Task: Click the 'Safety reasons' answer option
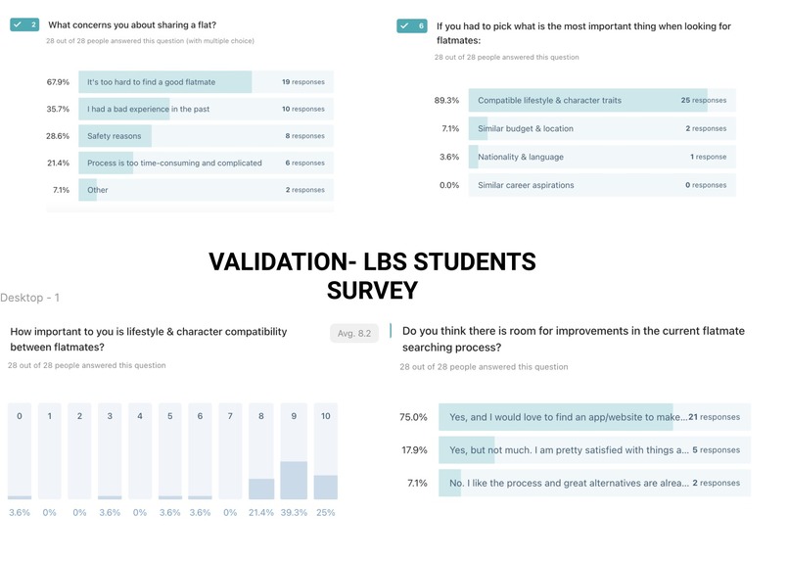pyautogui.click(x=114, y=136)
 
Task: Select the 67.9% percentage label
pyautogui.click(x=58, y=82)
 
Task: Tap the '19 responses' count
pyautogui.click(x=302, y=82)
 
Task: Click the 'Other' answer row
pyautogui.click(x=98, y=190)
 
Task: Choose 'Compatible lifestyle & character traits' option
pyautogui.click(x=549, y=100)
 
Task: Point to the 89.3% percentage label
pyautogui.click(x=446, y=100)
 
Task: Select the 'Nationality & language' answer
pyautogui.click(x=521, y=157)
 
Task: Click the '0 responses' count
pyautogui.click(x=705, y=185)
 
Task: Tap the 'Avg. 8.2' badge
pyautogui.click(x=353, y=334)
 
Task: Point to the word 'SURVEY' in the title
pyautogui.click(x=372, y=291)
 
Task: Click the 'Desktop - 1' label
pyautogui.click(x=30, y=298)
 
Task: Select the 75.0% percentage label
pyautogui.click(x=413, y=417)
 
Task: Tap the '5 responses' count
pyautogui.click(x=716, y=450)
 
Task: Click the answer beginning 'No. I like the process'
pyautogui.click(x=567, y=483)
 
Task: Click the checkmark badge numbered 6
pyautogui.click(x=411, y=26)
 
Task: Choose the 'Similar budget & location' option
pyautogui.click(x=526, y=128)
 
